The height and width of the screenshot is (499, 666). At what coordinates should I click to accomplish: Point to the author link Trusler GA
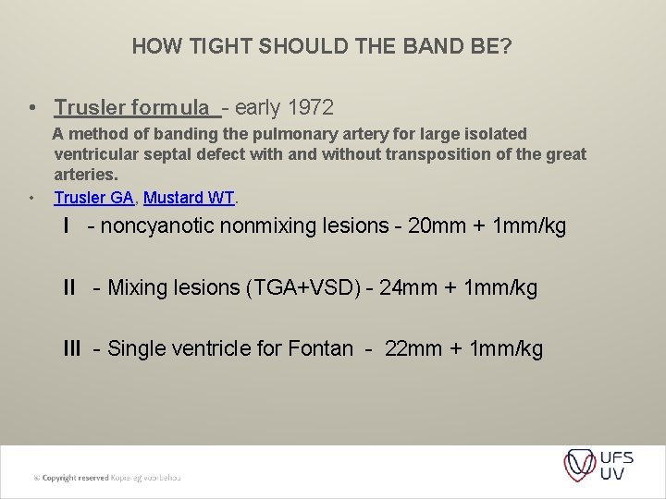(92, 198)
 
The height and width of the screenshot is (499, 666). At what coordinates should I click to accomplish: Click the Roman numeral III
(72, 348)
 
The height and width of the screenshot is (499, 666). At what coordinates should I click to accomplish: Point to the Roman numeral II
(69, 287)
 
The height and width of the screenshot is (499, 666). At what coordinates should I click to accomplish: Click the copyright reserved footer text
(107, 477)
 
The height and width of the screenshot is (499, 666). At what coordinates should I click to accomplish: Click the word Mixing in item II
(136, 287)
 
